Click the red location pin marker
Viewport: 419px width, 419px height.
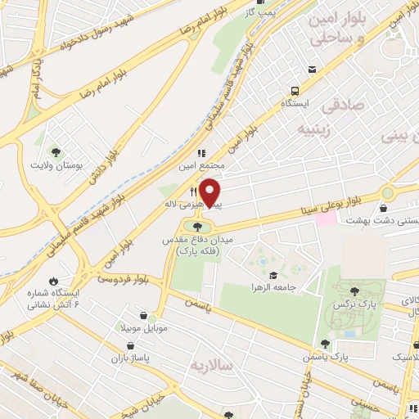(210, 192)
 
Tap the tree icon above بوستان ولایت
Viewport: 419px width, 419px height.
(56, 151)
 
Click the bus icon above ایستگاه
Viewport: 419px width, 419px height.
(294, 91)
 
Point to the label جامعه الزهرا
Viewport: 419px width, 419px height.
(273, 288)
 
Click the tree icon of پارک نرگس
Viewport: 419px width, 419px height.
(354, 291)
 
